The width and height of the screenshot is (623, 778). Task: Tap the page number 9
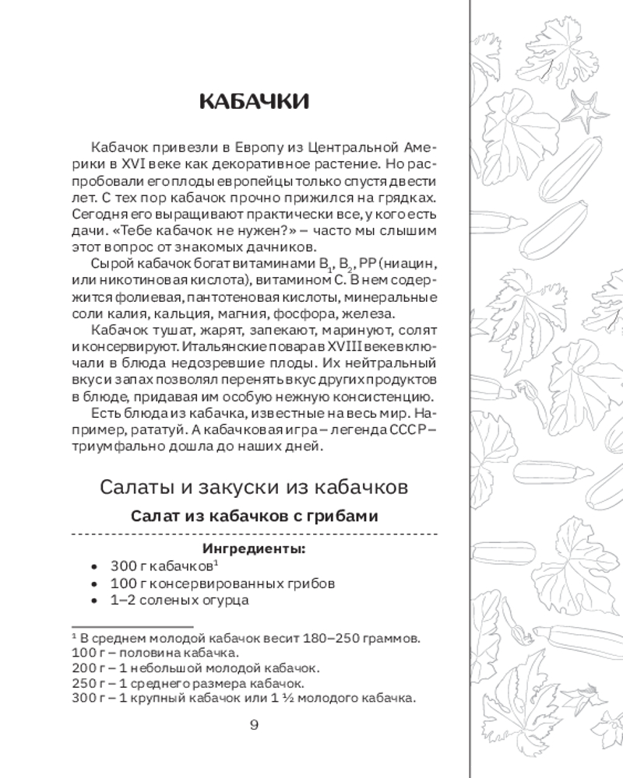coord(254,727)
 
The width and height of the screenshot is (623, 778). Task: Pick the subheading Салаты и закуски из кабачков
coord(254,487)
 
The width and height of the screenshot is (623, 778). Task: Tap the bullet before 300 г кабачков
coord(94,567)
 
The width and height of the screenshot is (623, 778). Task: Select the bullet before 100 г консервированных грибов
coord(94,584)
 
